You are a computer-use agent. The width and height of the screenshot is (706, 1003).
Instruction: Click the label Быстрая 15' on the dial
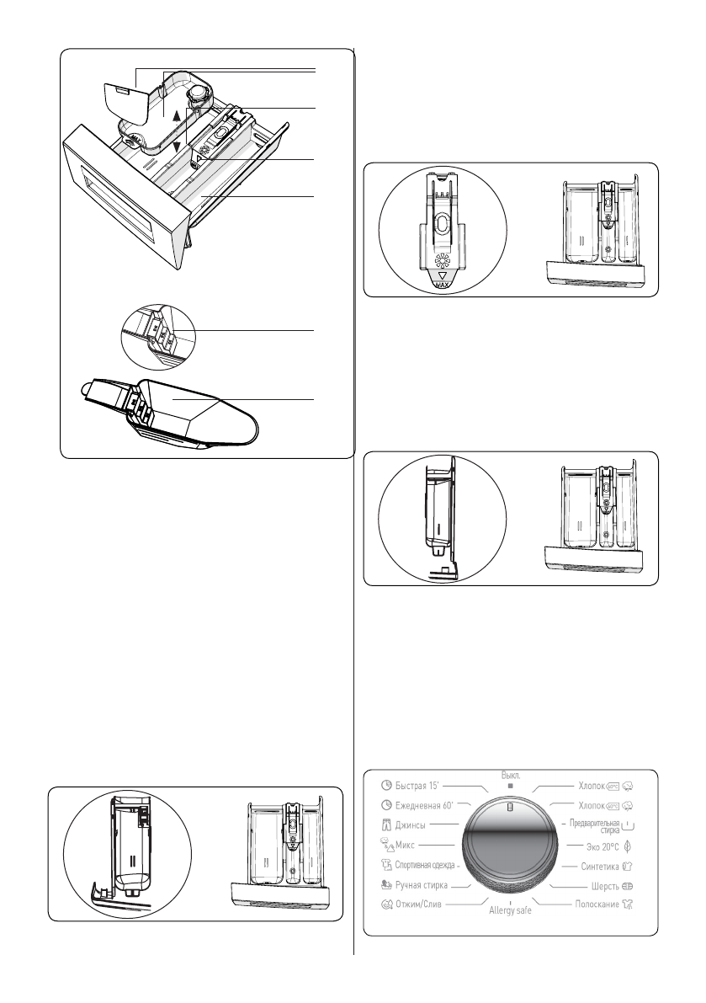[424, 787]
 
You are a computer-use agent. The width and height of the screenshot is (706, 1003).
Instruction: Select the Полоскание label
[592, 904]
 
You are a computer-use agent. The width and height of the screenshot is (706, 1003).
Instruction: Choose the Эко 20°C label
[602, 845]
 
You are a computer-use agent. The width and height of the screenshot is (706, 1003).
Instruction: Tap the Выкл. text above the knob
[511, 773]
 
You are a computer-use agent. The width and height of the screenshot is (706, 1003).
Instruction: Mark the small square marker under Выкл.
[510, 785]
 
